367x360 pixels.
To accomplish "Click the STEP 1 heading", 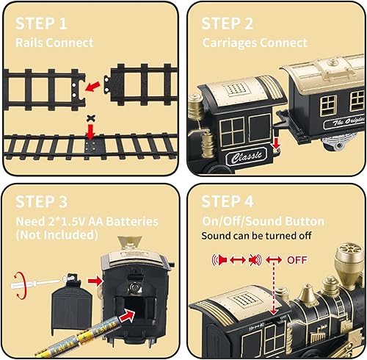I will (47, 24).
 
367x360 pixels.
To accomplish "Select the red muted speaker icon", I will (253, 259).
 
